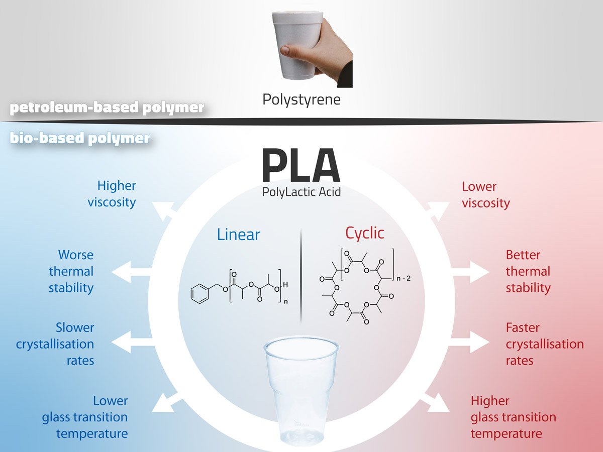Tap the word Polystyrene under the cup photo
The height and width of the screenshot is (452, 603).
(301, 99)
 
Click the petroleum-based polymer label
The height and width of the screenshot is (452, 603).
(107, 108)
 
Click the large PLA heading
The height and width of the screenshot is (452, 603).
(300, 166)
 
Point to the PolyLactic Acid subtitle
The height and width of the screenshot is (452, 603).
(301, 192)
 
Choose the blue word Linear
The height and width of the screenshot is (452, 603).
(239, 234)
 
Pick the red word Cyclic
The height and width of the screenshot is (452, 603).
(364, 233)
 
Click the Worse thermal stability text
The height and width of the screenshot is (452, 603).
(72, 271)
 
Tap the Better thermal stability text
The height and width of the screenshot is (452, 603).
(528, 271)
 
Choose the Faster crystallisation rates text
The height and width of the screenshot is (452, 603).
(544, 344)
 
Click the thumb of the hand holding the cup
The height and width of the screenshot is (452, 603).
(288, 51)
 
